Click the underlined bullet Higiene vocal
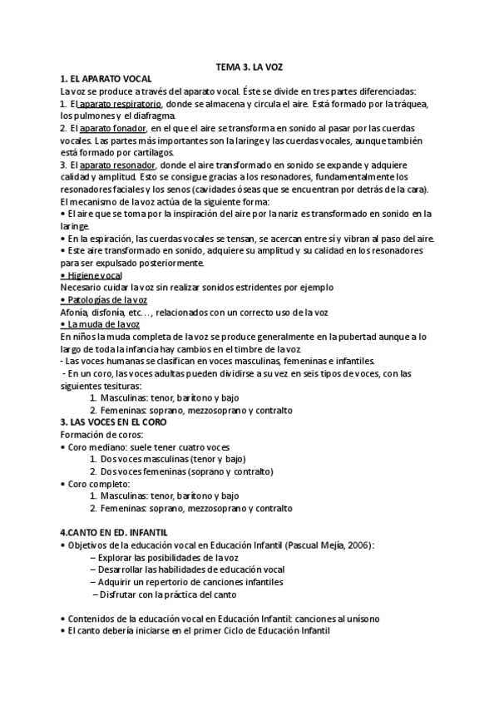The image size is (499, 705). (93, 275)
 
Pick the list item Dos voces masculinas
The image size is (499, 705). (150, 460)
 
